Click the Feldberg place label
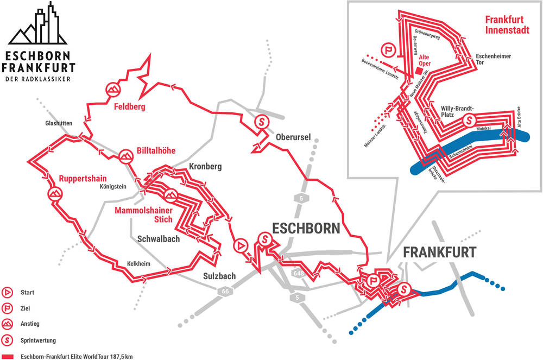[x=130, y=107]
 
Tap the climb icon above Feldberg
[x=113, y=89]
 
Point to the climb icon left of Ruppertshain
[x=54, y=194]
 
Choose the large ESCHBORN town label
[x=306, y=228]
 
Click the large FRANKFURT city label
[x=439, y=252]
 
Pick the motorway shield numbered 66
[x=224, y=292]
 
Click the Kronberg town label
[x=205, y=167]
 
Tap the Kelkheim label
[x=138, y=263]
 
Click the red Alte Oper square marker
[x=417, y=71]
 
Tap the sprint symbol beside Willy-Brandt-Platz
[x=470, y=119]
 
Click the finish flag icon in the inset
[x=389, y=50]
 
